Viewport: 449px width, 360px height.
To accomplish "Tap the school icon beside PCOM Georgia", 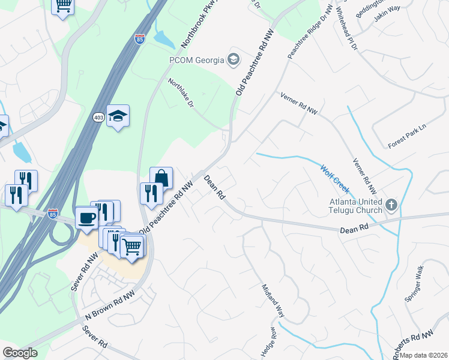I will click(234, 59).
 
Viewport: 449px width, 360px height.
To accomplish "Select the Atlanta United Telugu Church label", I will click(355, 206).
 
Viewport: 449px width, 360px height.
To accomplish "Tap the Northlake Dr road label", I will click(181, 93).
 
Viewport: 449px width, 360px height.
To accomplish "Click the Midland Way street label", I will click(272, 299).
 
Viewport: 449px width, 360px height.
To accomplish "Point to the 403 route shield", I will click(99, 118).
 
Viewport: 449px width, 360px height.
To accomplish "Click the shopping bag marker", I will click(161, 178).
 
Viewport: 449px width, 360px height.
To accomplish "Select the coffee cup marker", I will click(86, 217).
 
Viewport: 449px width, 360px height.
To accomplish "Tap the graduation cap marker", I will click(118, 116).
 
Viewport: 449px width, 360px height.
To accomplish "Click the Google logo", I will click(20, 353).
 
